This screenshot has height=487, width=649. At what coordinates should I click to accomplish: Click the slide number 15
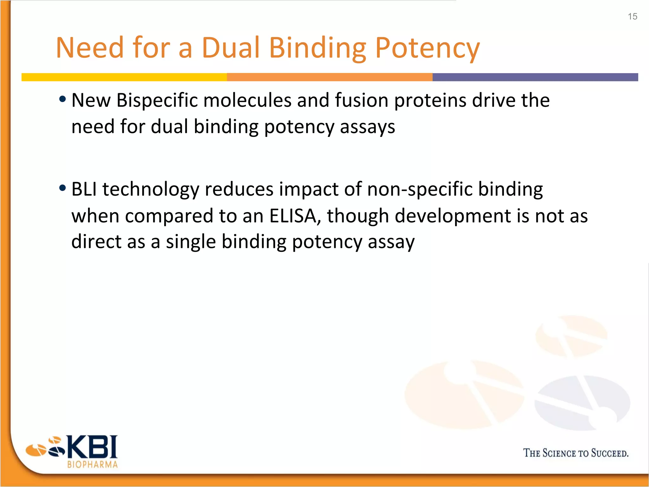(632, 16)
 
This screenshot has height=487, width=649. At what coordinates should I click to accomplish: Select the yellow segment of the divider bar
(124, 77)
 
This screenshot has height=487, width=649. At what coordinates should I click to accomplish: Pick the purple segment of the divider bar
(535, 77)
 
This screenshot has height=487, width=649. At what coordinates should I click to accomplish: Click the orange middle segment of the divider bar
(330, 77)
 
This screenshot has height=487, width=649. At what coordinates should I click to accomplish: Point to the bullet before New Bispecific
(63, 99)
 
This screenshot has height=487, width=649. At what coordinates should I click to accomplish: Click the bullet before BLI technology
(63, 188)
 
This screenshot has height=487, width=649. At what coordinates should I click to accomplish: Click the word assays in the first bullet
(367, 127)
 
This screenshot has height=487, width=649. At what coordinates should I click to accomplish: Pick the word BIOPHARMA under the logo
(93, 464)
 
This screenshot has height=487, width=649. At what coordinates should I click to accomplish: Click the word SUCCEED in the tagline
(609, 453)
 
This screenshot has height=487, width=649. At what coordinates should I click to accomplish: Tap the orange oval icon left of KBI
(35, 450)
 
